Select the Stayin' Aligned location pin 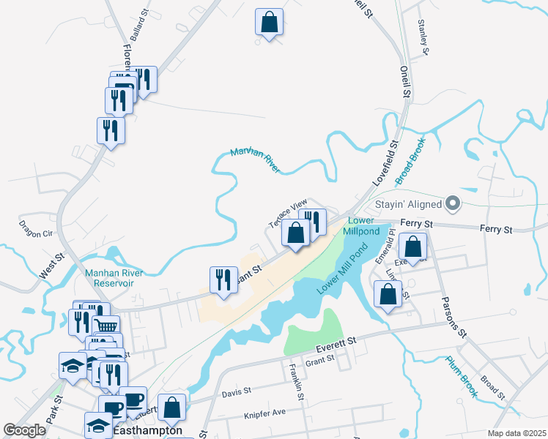[453, 203]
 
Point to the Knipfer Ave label [264, 413]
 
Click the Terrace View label [288, 214]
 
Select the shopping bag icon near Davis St [171, 408]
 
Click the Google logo [25, 429]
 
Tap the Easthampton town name [148, 431]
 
